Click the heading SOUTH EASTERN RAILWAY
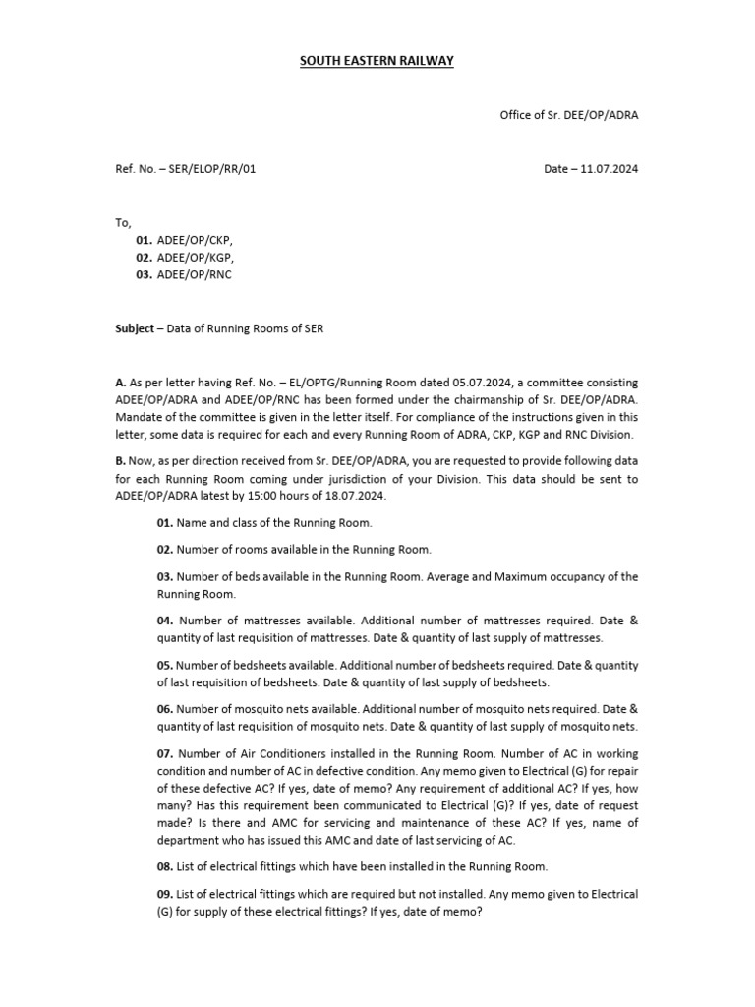(377, 62)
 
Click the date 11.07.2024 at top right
(607, 169)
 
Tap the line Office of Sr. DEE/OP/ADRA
(569, 115)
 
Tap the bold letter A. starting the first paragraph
(120, 383)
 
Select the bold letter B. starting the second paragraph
(120, 461)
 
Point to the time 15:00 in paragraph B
(285, 496)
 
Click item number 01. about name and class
(165, 523)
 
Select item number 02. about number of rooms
(165, 550)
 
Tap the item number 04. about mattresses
(165, 621)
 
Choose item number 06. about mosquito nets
(165, 709)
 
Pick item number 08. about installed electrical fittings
(165, 866)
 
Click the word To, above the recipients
(123, 223)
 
